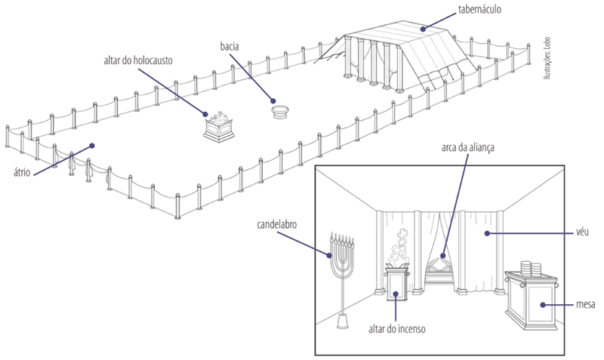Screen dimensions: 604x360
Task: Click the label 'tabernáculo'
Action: (479, 9)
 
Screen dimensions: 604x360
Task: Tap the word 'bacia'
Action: (230, 47)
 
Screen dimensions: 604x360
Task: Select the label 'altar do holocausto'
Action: (138, 60)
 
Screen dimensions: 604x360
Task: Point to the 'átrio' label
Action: (22, 172)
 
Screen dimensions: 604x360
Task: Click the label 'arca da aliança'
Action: (467, 147)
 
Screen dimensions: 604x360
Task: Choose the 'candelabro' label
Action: (276, 224)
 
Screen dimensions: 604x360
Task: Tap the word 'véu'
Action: (582, 232)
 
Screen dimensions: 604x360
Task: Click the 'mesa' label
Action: (586, 304)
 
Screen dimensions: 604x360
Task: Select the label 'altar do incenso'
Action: (397, 329)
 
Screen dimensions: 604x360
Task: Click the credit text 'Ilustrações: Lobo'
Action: (547, 58)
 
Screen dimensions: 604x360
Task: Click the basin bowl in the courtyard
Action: (280, 112)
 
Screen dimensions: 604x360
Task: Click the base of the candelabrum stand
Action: (343, 321)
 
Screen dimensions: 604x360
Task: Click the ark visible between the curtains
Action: (439, 270)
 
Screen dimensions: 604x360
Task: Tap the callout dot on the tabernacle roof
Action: (423, 29)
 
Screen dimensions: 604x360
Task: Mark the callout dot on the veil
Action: (487, 233)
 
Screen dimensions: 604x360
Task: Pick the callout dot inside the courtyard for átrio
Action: (91, 146)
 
